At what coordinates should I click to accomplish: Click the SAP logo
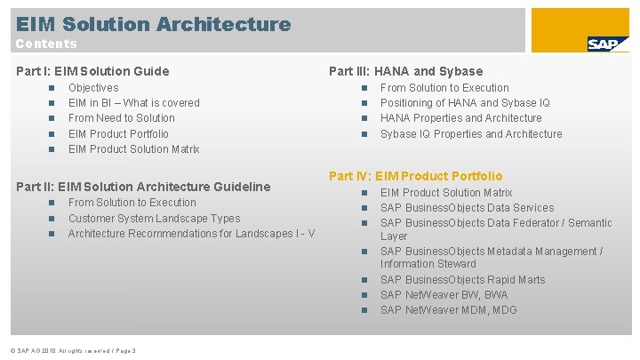pos(608,44)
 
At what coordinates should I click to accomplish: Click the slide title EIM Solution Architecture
pos(153,24)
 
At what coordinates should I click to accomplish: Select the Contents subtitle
pos(46,44)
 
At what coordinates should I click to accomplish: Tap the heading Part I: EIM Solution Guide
pos(92,71)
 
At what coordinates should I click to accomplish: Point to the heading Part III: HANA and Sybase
pos(405,71)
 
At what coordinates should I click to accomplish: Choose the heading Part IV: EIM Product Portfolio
pos(415,176)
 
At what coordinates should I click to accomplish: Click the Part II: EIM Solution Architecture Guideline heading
pos(144,187)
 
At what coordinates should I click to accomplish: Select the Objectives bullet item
pos(93,88)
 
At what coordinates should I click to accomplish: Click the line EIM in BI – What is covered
pos(133,103)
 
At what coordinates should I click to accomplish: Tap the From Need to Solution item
pos(121,118)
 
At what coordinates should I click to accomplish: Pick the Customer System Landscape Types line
pos(154,218)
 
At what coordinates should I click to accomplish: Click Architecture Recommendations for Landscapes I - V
pos(191,233)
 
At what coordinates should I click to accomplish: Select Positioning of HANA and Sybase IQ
pos(465,103)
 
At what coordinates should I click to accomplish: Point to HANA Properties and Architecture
pos(460,118)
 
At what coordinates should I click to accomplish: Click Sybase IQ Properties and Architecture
pos(471,134)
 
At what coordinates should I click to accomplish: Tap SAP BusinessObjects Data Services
pos(467,208)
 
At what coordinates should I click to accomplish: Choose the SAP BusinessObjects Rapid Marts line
pos(462,280)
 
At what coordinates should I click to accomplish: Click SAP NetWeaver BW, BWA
pos(444,295)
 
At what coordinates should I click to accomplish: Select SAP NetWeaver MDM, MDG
pos(448,310)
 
